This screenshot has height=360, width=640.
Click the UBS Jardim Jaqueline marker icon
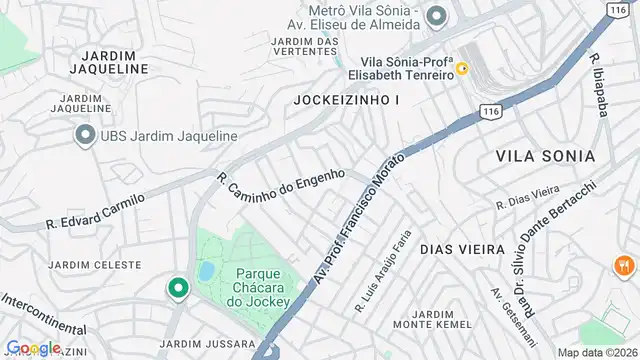point(83,135)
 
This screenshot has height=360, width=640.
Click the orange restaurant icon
point(624,265)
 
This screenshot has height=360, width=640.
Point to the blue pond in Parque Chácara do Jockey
point(206,271)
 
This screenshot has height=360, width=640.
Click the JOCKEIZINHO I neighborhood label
point(346,100)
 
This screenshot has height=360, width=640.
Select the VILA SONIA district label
point(545,157)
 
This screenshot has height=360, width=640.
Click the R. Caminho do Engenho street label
point(281,177)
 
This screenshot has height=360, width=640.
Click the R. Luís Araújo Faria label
point(383,260)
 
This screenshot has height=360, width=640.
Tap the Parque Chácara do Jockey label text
point(263,287)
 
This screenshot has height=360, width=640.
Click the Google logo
point(34,347)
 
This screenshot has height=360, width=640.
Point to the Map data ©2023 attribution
point(596,352)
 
